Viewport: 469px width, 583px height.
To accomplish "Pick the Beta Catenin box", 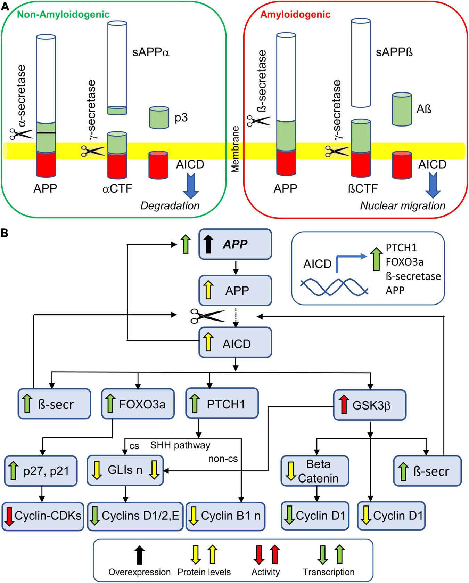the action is [x=314, y=471].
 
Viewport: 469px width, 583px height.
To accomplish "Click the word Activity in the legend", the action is [x=265, y=572].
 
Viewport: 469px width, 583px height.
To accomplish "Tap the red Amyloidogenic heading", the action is [x=295, y=15].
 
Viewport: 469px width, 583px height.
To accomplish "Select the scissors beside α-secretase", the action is [x=22, y=133].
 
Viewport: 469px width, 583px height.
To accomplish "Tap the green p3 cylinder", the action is [x=159, y=118].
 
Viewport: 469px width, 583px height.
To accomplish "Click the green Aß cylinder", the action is [x=402, y=109].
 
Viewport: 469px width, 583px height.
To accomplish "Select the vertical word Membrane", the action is [x=236, y=149].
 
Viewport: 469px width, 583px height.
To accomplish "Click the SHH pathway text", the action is [x=180, y=445].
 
